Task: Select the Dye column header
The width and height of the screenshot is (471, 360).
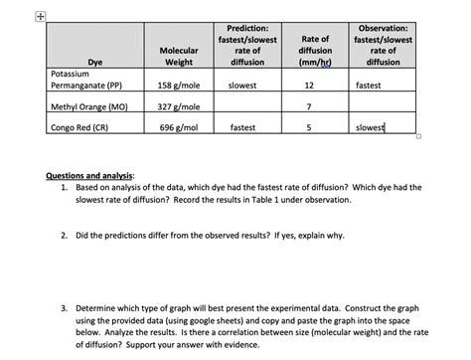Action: click(95, 62)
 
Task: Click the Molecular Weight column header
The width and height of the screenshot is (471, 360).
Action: click(178, 56)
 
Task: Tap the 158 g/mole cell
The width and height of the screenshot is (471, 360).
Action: click(180, 86)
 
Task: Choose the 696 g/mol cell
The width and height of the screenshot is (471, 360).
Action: click(180, 127)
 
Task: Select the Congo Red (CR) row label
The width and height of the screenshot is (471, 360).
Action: click(82, 127)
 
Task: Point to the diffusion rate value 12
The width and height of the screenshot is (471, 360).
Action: click(310, 86)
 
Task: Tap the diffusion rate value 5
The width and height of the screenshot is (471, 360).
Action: click(310, 127)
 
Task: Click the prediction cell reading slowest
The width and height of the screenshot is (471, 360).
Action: click(243, 86)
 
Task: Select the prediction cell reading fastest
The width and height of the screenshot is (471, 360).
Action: click(243, 127)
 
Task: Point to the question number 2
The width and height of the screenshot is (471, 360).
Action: click(64, 236)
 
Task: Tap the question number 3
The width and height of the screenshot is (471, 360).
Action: click(64, 308)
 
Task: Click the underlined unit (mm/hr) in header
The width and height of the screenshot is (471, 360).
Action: click(315, 62)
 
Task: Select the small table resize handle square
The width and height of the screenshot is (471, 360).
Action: click(419, 138)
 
